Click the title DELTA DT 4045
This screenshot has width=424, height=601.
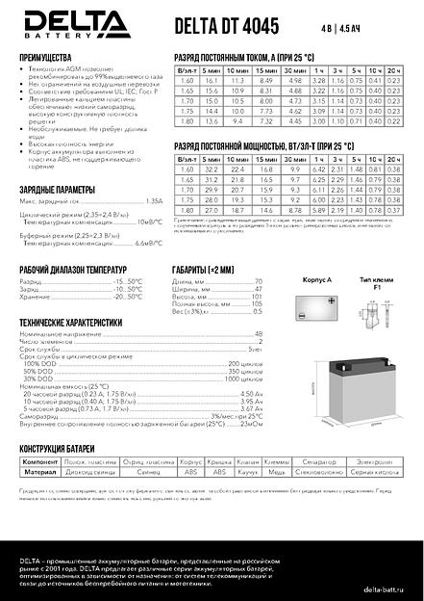pyautogui.click(x=220, y=18)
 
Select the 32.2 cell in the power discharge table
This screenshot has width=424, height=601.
pyautogui.click(x=213, y=169)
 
